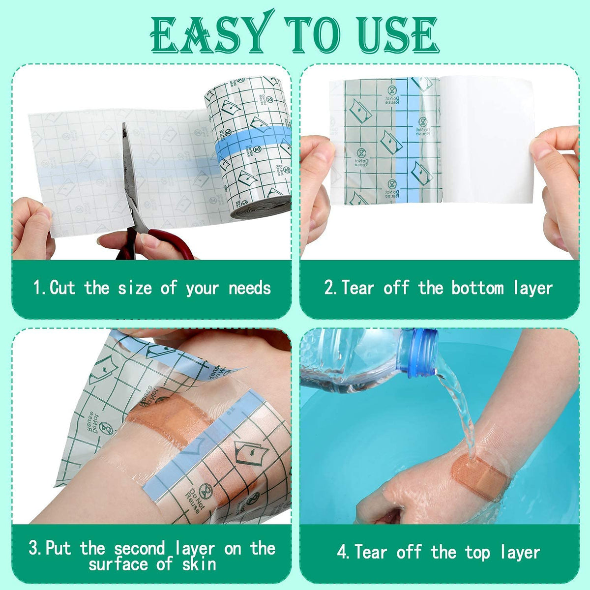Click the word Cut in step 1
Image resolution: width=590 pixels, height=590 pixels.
62,287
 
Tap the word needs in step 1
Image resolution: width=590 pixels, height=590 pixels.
250,288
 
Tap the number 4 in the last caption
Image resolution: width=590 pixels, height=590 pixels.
342,553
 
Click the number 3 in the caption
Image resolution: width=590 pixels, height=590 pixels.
34,548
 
